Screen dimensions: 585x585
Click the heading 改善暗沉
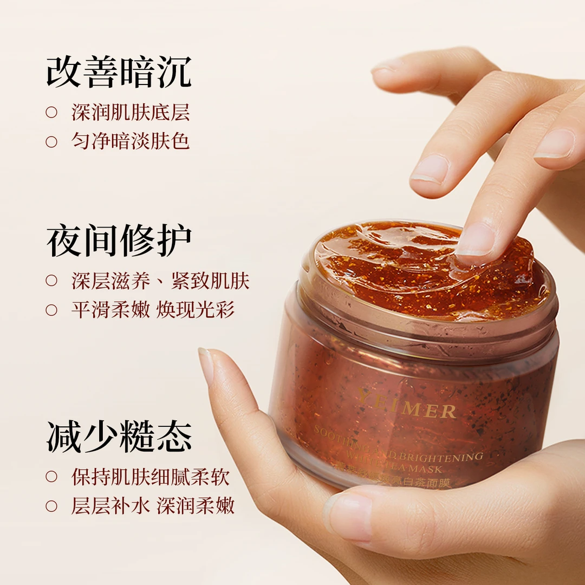coord(119,71)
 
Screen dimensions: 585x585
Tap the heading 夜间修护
coord(119,240)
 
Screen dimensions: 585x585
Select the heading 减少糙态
coord(119,437)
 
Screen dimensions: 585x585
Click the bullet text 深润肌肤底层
coord(131,112)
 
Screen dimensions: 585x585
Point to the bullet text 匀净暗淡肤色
coord(131,141)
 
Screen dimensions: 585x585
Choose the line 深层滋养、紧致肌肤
coord(160,281)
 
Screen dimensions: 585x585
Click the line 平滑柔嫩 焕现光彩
coord(153,310)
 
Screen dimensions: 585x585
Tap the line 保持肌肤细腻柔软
coord(151,477)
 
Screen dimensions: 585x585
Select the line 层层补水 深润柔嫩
coord(153,506)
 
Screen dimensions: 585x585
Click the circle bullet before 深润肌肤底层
coord(51,113)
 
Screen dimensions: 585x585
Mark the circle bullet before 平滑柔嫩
coord(51,310)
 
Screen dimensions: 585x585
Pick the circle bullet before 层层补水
coord(51,506)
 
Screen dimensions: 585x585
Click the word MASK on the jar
coord(428,469)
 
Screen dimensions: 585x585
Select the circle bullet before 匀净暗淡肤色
coord(51,142)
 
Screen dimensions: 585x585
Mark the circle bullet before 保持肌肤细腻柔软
coord(51,477)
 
